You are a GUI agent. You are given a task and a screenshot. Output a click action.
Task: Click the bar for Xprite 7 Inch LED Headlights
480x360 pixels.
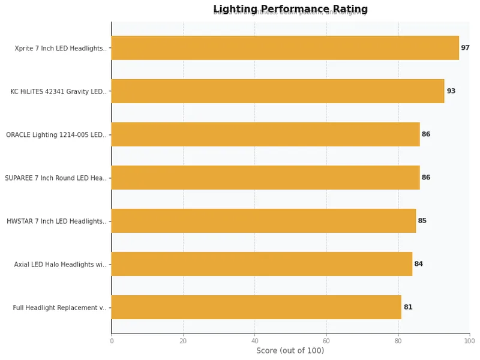(285, 48)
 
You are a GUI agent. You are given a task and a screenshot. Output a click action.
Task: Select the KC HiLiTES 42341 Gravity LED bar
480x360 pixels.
(278, 91)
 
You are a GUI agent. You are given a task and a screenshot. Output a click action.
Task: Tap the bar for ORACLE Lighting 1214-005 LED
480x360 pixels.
(265, 134)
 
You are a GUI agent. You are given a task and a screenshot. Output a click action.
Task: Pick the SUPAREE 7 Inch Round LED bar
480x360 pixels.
(265, 178)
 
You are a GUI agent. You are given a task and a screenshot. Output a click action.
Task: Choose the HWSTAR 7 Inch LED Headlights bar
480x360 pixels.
(263, 221)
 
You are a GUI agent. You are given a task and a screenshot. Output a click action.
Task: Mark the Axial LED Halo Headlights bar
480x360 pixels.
(262, 264)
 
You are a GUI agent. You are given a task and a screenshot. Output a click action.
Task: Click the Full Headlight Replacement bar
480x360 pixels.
(256, 307)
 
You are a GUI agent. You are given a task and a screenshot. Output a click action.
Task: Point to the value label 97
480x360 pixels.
(465, 48)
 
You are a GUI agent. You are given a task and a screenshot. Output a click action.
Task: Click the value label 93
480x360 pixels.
(451, 91)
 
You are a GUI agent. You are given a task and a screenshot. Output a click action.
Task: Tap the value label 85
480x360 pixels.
(422, 221)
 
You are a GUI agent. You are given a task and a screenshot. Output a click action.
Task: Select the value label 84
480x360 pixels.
(418, 264)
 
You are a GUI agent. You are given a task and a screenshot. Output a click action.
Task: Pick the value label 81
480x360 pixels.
(407, 307)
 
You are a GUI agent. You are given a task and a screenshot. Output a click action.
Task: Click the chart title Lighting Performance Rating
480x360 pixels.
(290, 10)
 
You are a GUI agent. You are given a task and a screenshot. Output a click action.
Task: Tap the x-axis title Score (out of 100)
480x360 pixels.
(290, 351)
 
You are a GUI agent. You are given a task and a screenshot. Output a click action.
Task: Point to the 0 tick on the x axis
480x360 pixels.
(112, 341)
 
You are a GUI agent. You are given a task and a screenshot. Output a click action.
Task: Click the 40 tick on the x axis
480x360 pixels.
(255, 341)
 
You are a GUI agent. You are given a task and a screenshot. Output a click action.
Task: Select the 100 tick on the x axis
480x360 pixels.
(469, 341)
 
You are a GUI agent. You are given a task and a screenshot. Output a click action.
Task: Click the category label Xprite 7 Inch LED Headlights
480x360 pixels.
(61, 49)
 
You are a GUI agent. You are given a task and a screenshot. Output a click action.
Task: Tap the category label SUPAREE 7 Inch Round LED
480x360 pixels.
(56, 178)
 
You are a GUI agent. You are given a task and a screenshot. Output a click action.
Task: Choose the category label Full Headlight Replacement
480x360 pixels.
(59, 308)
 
